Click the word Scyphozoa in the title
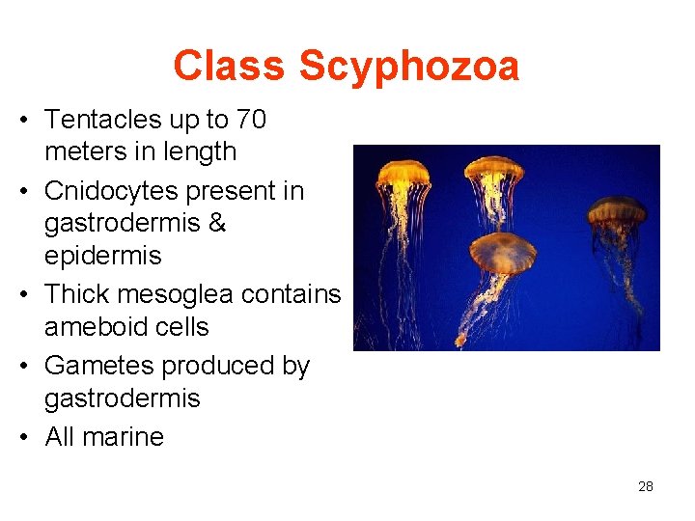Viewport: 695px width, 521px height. [x=408, y=67]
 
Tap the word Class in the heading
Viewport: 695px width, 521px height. [x=230, y=67]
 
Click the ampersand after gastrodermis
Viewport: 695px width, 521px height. [x=217, y=223]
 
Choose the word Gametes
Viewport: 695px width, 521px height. [x=99, y=366]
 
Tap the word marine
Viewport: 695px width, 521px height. [x=122, y=437]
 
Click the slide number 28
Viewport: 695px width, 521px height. [x=646, y=486]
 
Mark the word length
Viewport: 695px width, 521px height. [x=202, y=151]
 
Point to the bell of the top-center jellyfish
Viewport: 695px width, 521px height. [x=494, y=170]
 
